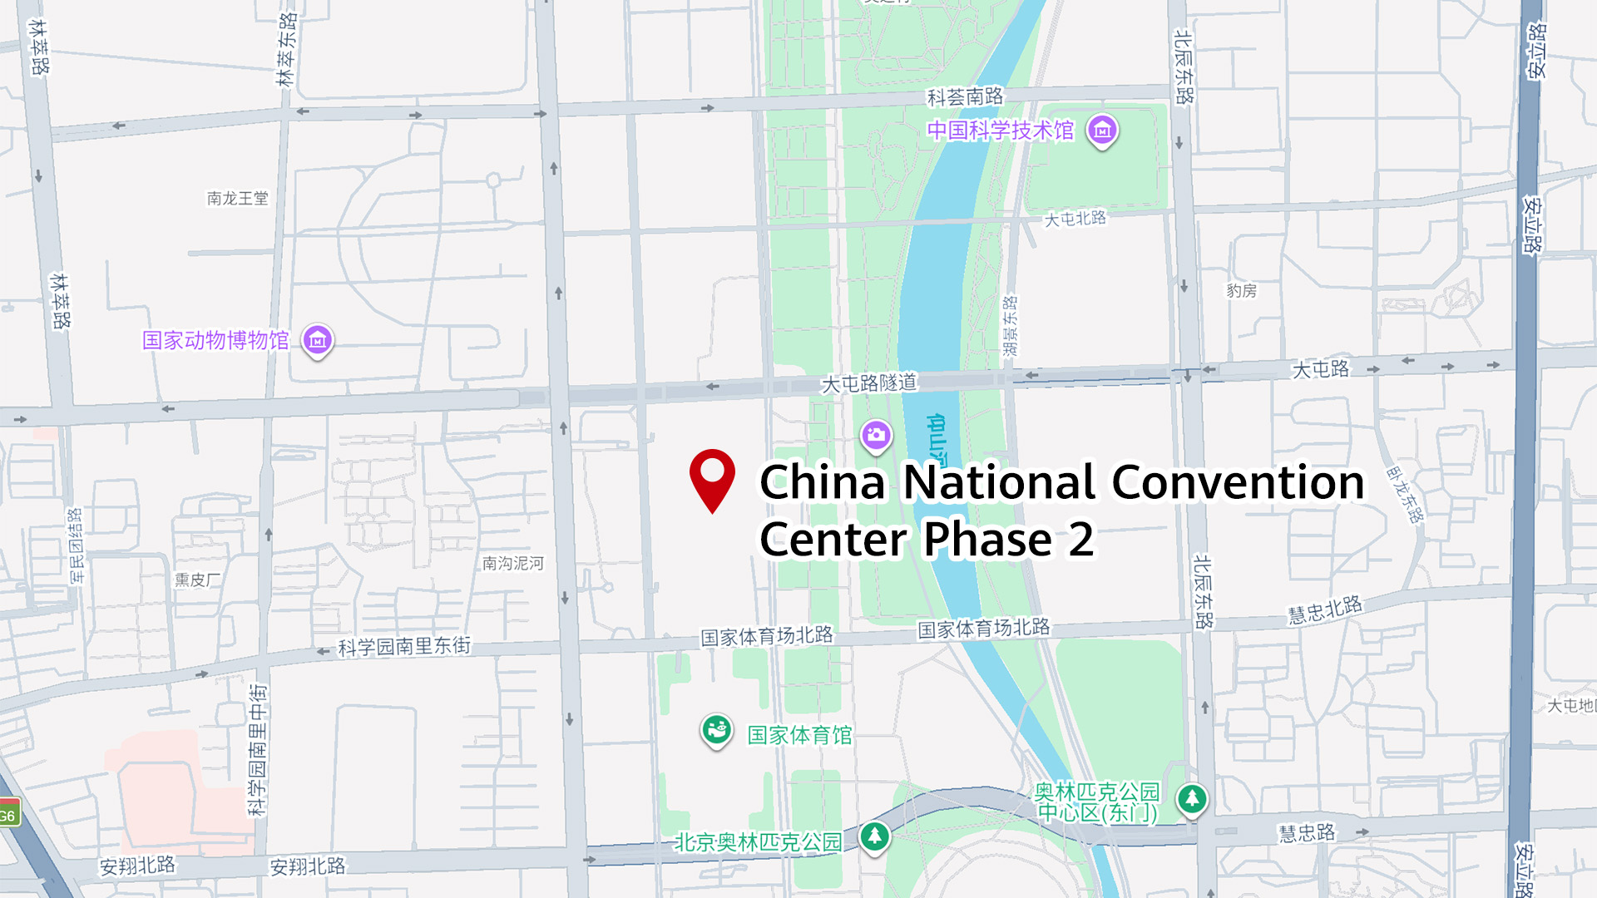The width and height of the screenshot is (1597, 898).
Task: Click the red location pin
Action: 712,476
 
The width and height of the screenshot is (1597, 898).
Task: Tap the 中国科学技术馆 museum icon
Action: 1102,130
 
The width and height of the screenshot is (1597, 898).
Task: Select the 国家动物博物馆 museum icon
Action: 318,339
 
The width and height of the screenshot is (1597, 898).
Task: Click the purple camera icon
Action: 876,434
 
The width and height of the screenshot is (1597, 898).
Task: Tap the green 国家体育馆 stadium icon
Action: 715,730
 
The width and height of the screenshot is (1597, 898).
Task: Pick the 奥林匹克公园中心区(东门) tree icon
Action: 1192,799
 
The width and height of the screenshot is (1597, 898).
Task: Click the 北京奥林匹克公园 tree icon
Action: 874,836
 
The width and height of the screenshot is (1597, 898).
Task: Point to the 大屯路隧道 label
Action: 868,382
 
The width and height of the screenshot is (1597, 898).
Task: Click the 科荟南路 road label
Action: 965,97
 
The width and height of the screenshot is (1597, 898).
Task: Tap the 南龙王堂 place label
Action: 238,198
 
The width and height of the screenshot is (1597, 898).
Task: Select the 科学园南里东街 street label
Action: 404,646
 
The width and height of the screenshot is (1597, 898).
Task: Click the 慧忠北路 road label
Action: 1325,609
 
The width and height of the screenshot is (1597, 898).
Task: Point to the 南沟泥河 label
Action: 512,563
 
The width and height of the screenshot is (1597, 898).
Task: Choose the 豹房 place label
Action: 1241,290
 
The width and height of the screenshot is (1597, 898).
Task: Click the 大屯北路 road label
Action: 1075,219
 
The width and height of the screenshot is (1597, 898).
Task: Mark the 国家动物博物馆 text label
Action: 215,340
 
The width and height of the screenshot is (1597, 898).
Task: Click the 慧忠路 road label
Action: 1306,833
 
